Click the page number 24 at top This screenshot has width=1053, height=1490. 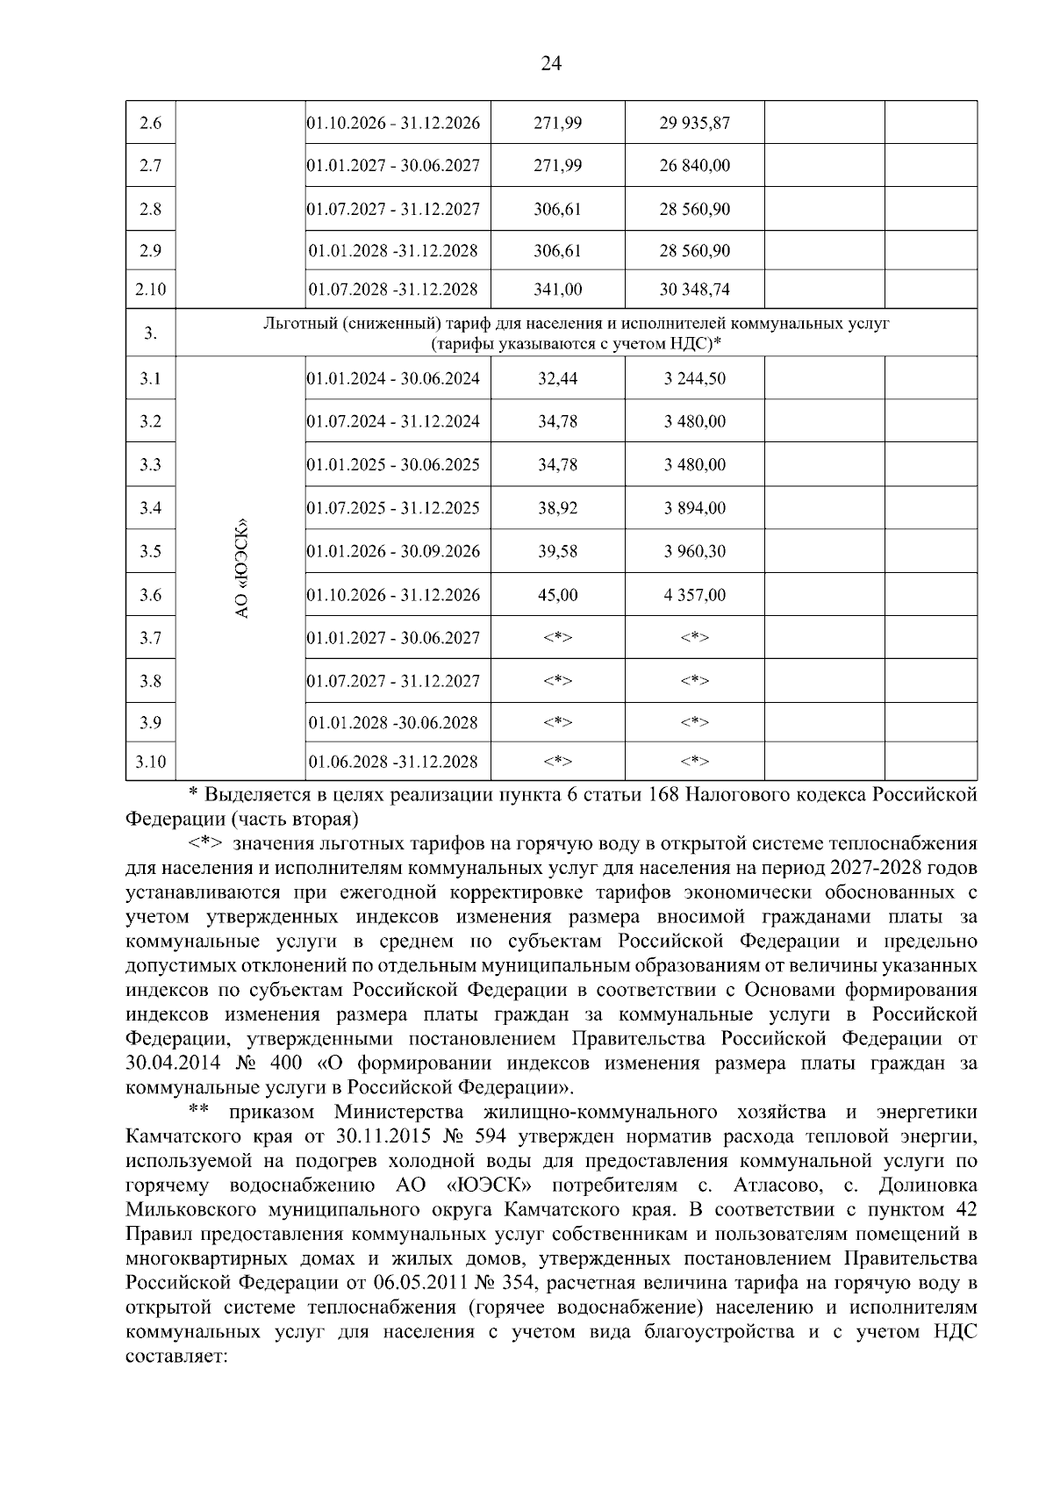(551, 63)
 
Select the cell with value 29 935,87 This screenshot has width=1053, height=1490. (694, 123)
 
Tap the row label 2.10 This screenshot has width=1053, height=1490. (151, 290)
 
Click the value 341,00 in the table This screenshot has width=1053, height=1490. (557, 290)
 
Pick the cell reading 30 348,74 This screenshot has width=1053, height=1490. (694, 290)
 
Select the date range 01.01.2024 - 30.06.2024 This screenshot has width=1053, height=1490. (394, 379)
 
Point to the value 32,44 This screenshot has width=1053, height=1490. (557, 379)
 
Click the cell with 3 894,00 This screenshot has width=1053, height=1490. (694, 508)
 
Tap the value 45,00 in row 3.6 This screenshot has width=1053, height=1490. (557, 595)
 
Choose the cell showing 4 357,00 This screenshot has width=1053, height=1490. (694, 595)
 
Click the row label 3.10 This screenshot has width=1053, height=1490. (151, 762)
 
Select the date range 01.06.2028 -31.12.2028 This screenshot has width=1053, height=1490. (394, 762)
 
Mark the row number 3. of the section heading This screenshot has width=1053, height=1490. (151, 333)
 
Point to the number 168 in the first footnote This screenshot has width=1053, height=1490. (663, 795)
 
